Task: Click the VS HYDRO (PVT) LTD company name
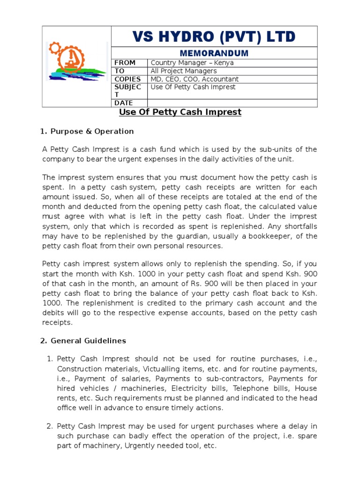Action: coord(214,36)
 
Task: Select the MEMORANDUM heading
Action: coord(214,53)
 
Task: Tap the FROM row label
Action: coord(125,63)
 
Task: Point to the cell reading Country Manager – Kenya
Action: coord(192,63)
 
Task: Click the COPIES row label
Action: coord(128,79)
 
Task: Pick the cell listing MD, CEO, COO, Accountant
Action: coord(195,79)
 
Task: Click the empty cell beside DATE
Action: coord(232,103)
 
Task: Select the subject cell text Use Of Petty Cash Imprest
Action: coord(193,87)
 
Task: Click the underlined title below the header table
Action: coord(180,112)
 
